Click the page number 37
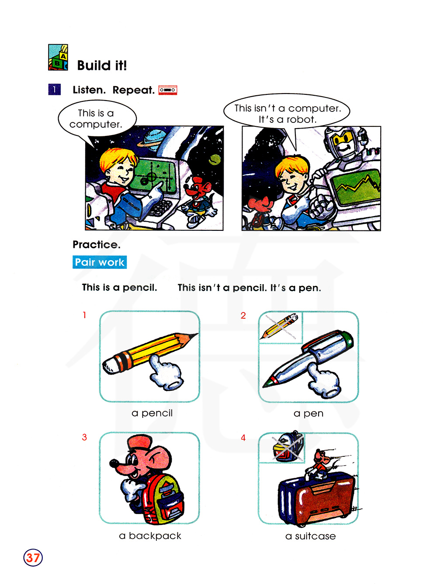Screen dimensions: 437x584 coord(33,558)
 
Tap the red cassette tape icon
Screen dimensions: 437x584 coord(167,90)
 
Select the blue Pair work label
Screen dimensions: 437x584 coord(100,262)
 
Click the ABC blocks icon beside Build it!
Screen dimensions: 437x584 coord(58,57)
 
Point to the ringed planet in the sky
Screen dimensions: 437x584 coord(150,138)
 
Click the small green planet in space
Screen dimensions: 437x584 coord(215,160)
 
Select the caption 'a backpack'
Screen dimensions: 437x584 coord(150,535)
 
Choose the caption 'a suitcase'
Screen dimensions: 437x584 coord(310,536)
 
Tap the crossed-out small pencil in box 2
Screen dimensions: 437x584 coord(279,326)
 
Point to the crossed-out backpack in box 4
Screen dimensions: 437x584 coord(288,447)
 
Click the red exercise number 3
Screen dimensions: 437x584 coord(84,437)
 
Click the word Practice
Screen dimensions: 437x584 coord(97,244)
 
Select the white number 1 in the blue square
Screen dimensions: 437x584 coord(55,90)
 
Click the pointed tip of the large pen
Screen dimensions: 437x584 coord(264,386)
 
